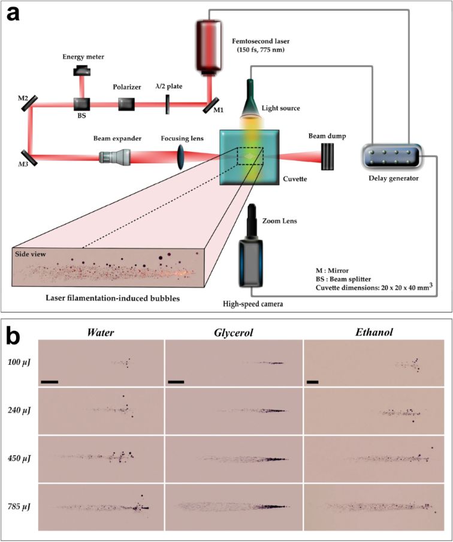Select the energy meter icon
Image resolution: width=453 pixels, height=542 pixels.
pyautogui.click(x=80, y=71)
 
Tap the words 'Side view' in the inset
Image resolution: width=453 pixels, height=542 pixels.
pyautogui.click(x=31, y=254)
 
